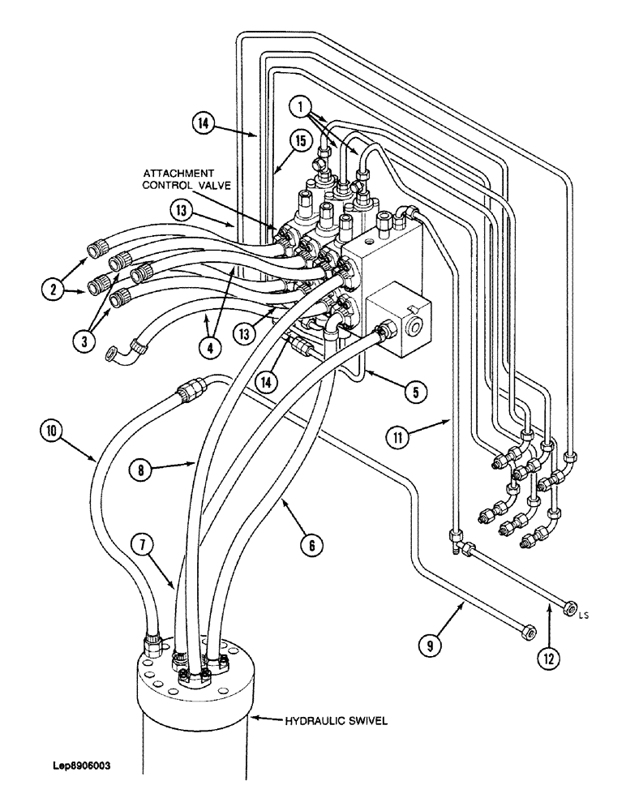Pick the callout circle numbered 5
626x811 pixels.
click(x=414, y=393)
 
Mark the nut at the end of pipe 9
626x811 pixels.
click(x=526, y=628)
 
